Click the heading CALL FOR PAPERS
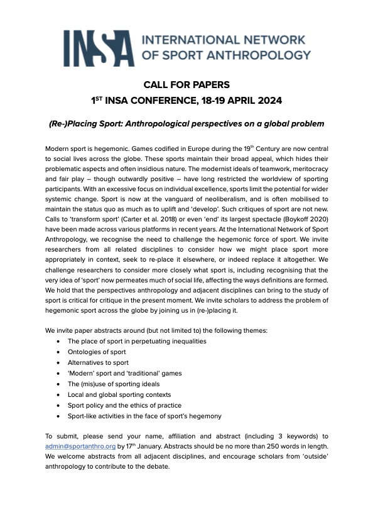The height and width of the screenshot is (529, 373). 186,85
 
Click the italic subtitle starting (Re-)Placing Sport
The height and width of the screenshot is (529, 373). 186,123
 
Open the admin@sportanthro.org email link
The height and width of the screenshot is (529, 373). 80,445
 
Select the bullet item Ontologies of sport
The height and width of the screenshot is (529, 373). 97,352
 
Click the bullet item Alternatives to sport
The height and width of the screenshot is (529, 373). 98,362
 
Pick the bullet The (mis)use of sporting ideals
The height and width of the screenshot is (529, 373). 114,384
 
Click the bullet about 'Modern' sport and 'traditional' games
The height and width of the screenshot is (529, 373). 124,373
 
